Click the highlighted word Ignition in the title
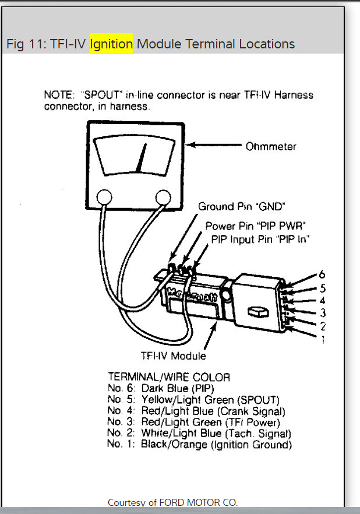tap(111, 44)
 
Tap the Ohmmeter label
tap(271, 146)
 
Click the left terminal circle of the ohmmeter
tap(104, 198)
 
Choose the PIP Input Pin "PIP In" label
tap(260, 238)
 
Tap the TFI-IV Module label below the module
tap(173, 355)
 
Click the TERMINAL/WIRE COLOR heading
tap(169, 377)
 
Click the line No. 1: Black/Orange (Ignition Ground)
tap(199, 445)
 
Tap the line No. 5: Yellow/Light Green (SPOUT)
tap(193, 400)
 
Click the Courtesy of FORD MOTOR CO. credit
tap(173, 502)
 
